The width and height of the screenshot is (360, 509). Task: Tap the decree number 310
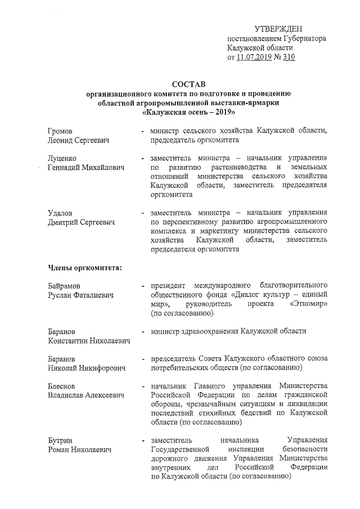click(x=289, y=57)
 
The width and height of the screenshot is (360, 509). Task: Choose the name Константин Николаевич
click(x=89, y=341)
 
